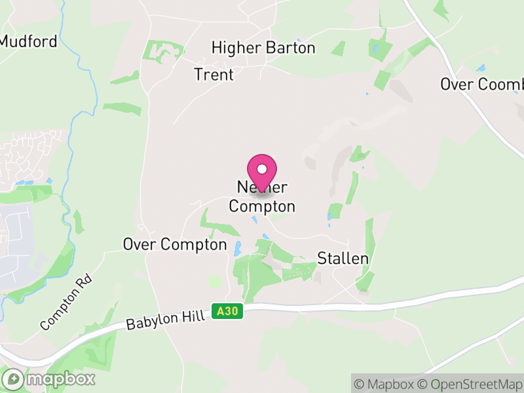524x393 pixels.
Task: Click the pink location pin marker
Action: (262, 172)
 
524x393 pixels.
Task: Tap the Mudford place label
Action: (29, 41)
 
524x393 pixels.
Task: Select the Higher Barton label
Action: (263, 48)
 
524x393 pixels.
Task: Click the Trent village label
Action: (214, 75)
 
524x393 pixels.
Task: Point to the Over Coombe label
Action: (482, 84)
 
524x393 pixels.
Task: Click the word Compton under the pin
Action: (262, 206)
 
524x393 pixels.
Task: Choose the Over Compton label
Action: (175, 244)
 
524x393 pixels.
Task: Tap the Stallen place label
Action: (343, 258)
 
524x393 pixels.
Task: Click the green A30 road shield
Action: (227, 312)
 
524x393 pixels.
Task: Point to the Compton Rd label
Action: (67, 302)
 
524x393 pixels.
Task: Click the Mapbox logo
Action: (49, 379)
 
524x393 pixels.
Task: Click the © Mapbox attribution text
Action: (387, 384)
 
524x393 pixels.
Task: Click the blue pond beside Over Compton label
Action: (237, 248)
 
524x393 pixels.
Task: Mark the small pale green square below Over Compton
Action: (215, 281)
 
